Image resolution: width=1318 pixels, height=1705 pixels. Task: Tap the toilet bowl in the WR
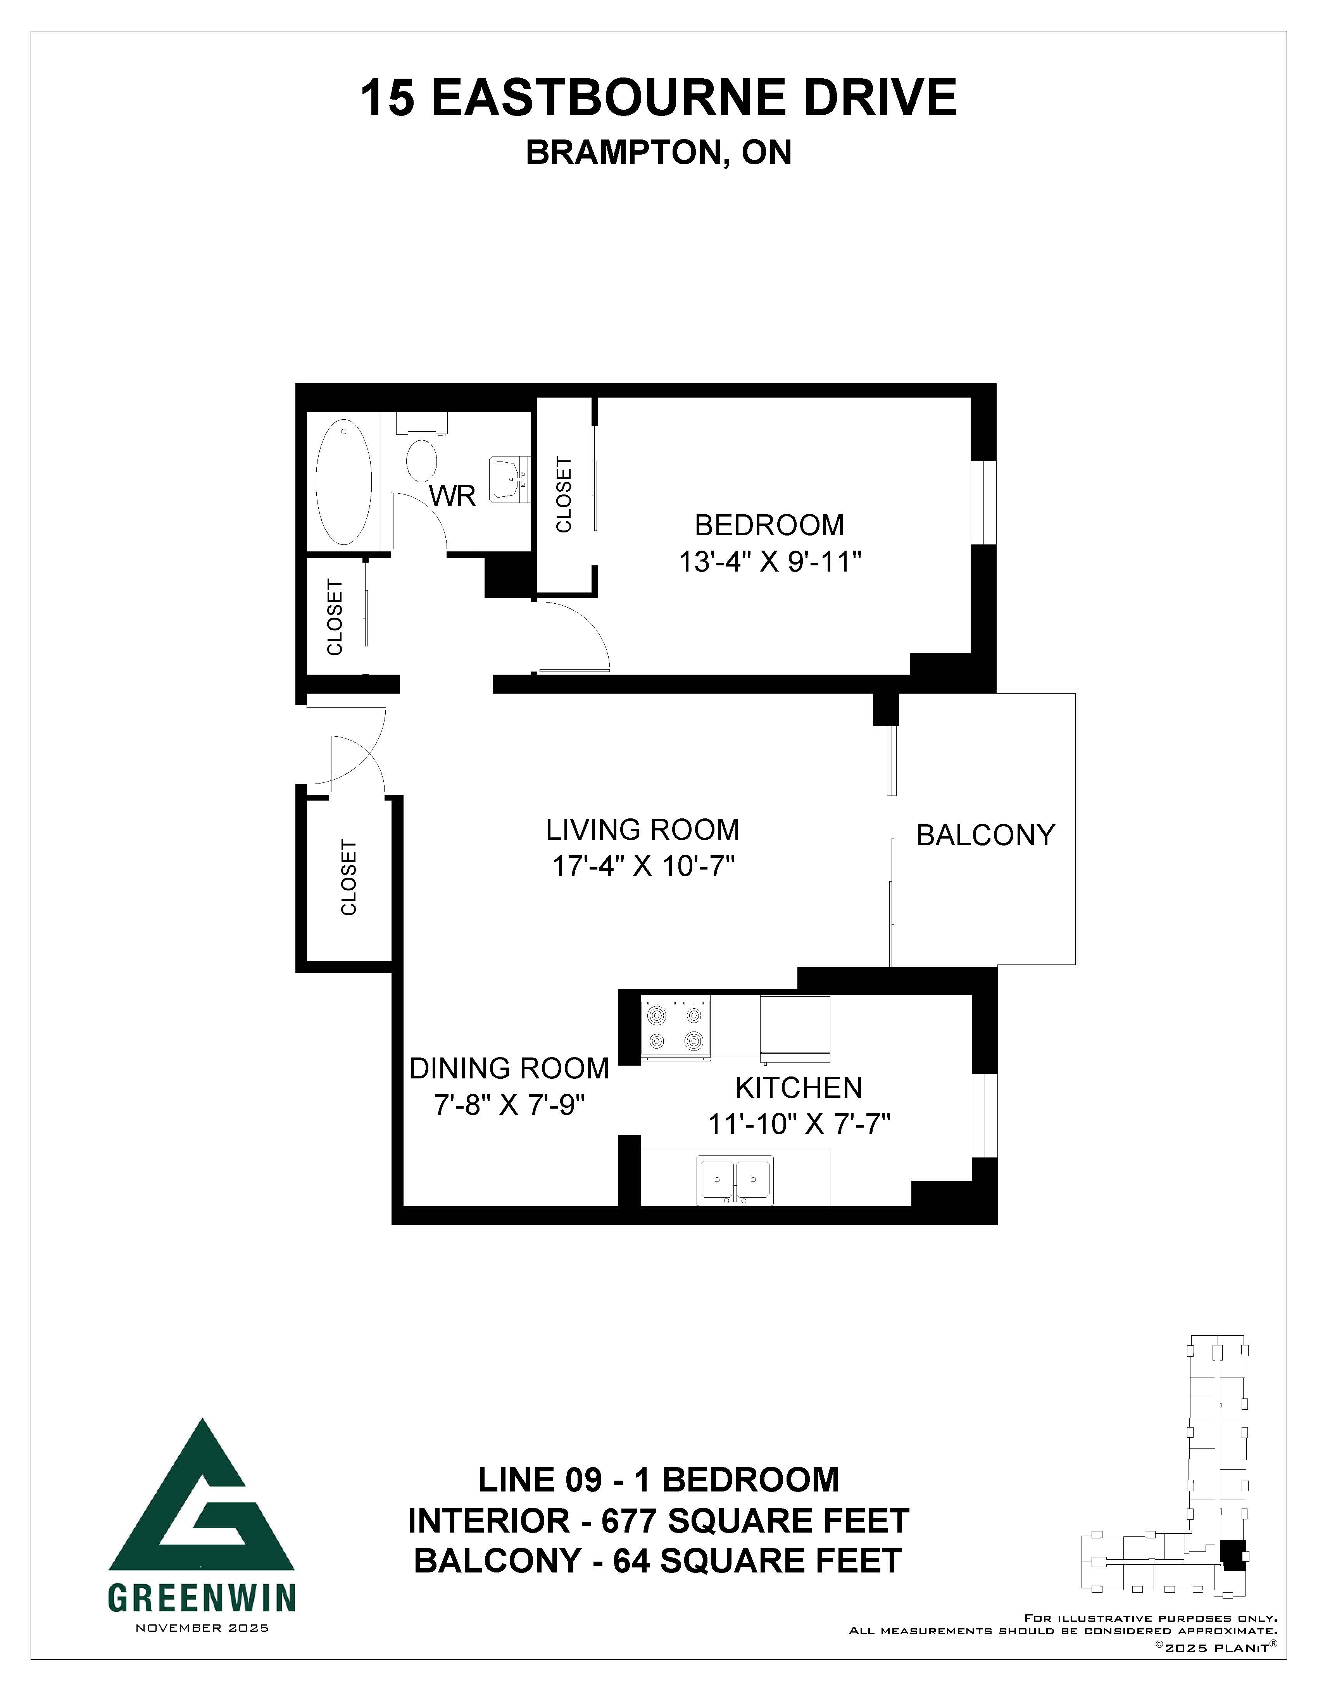tap(423, 462)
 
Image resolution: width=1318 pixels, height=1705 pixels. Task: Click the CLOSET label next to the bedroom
tap(564, 495)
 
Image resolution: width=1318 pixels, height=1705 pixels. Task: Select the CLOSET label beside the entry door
tap(348, 877)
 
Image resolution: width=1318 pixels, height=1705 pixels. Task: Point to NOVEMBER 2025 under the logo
tap(202, 1628)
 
